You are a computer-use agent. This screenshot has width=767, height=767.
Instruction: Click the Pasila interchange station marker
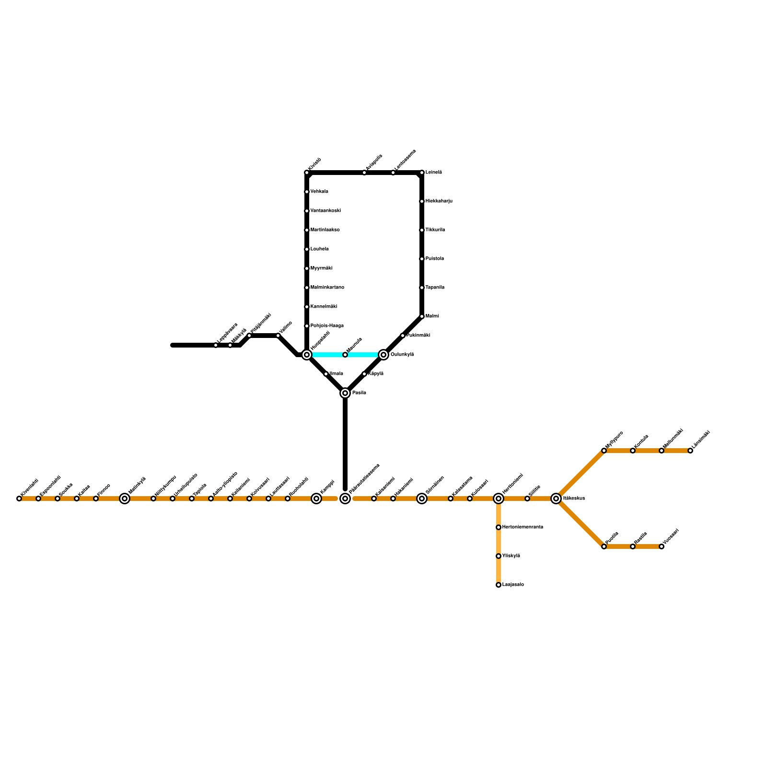tap(345, 393)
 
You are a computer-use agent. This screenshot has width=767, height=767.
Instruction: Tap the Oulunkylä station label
tap(402, 355)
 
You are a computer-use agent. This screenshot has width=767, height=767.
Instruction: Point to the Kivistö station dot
tap(307, 173)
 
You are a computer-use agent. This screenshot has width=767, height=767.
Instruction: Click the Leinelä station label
tap(433, 173)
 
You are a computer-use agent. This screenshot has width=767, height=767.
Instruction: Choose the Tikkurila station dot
tap(422, 230)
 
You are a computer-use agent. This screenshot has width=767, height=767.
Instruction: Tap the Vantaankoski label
tap(325, 211)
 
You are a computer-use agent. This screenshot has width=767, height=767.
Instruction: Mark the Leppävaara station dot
tap(216, 345)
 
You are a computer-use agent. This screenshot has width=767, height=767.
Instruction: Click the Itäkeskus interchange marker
tap(556, 499)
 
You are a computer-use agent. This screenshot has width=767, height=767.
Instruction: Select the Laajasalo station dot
tap(499, 585)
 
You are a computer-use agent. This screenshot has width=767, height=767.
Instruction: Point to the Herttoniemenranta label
tap(523, 527)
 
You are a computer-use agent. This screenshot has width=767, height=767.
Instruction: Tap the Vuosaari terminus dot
tap(662, 546)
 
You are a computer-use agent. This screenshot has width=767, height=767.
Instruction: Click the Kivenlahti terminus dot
tap(19, 499)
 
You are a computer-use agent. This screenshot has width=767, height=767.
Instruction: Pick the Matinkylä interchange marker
tap(125, 499)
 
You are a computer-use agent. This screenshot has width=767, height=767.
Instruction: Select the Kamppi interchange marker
tap(316, 499)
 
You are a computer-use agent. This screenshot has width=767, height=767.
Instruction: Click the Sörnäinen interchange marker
tap(422, 499)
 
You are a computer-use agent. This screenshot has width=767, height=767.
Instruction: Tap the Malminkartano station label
tap(327, 288)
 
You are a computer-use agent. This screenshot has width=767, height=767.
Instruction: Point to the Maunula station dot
tap(345, 355)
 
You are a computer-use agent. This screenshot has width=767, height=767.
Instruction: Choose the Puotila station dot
tap(604, 546)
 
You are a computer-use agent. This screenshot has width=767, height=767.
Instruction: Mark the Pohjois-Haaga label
tap(327, 326)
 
